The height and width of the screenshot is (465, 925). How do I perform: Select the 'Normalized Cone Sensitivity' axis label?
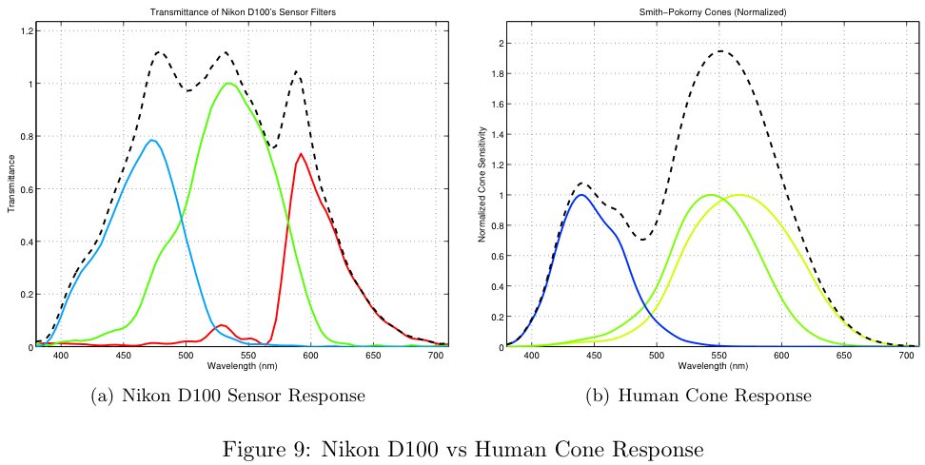pos(484,189)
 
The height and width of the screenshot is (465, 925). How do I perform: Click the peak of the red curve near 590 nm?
pos(301,154)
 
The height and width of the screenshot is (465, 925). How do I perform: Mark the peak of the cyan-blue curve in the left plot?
pos(151,140)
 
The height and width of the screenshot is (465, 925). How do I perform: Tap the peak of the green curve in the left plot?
pos(228,83)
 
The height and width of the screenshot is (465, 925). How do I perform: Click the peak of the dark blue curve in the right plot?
pos(581,195)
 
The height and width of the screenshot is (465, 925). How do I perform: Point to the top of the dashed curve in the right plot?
pos(720,51)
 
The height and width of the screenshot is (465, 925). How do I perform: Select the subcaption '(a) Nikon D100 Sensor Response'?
pos(227,395)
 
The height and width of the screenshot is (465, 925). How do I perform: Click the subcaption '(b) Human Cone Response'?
pos(698,395)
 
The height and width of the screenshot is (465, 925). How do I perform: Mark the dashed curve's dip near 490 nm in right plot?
pos(644,239)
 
